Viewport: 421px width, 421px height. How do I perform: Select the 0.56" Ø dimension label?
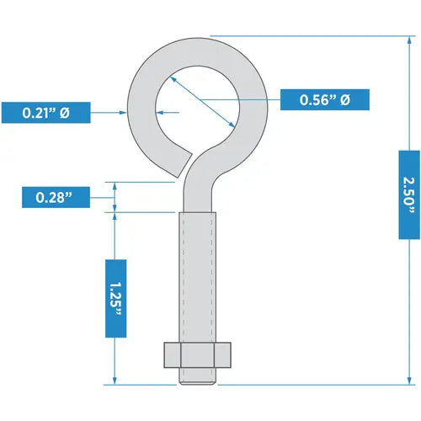pos(323,99)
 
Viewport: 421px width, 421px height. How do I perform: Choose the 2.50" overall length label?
pos(408,194)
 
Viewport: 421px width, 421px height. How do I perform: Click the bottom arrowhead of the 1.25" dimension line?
pos(115,381)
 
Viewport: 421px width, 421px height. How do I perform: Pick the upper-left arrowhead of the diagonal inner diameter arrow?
pos(171,77)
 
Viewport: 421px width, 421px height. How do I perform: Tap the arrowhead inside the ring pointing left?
pos(160,111)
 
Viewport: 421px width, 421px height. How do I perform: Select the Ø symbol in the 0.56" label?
pos(344,99)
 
